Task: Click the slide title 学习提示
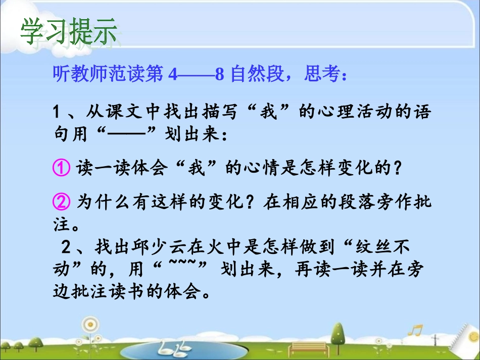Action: point(68,31)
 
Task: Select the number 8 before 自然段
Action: point(219,75)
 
